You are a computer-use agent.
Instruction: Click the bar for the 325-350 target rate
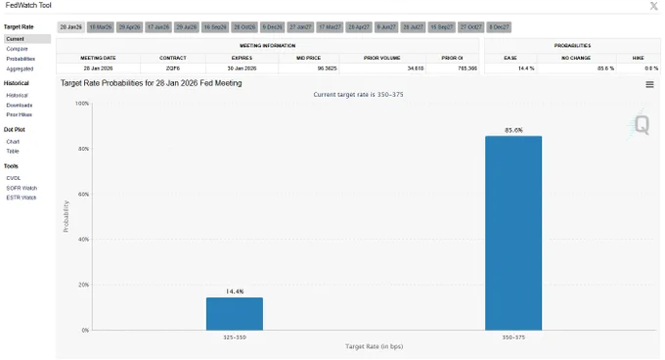tap(235, 313)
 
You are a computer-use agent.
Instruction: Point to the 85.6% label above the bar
tap(513, 130)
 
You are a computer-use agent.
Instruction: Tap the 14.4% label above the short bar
tap(235, 292)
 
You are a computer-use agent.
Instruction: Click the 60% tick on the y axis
tap(82, 194)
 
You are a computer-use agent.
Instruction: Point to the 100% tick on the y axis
tap(81, 104)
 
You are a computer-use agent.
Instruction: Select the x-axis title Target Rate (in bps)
tap(374, 346)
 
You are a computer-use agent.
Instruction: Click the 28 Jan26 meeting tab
tap(71, 27)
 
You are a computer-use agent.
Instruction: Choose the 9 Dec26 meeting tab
tap(272, 27)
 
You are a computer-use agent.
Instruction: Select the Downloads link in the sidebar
tap(19, 104)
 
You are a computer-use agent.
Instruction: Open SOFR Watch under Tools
tap(21, 188)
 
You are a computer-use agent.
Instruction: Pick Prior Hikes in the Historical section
tap(19, 114)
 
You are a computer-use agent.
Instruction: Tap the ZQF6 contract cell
tap(172, 68)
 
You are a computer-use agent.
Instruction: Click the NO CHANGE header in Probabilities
tap(577, 58)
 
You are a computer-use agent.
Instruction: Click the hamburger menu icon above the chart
tap(649, 85)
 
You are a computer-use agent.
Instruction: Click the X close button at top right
tap(654, 6)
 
